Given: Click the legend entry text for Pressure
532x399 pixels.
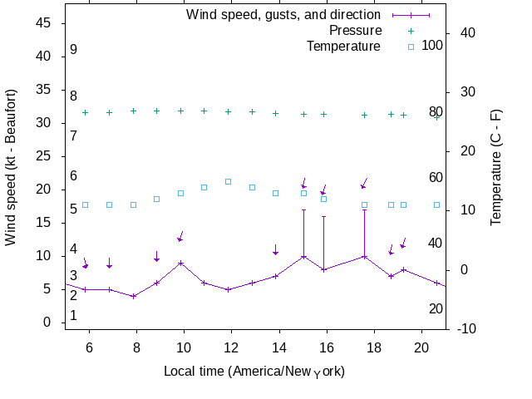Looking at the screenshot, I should pyautogui.click(x=355, y=30).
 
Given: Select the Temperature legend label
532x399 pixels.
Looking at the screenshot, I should pyautogui.click(x=343, y=46).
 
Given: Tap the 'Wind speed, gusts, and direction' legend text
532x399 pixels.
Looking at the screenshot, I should pyautogui.click(x=283, y=14).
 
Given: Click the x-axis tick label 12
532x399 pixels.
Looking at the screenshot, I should pyautogui.click(x=232, y=343).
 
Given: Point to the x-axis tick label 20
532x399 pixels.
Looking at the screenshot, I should pyautogui.click(x=421, y=343).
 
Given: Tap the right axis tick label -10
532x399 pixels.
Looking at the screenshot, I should pyautogui.click(x=467, y=329).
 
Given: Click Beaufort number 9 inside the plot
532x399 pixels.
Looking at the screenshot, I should pyautogui.click(x=74, y=50).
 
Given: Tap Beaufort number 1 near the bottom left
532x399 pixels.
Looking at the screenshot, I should pyautogui.click(x=74, y=315).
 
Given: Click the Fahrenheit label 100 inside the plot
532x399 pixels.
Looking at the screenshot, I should pyautogui.click(x=432, y=45).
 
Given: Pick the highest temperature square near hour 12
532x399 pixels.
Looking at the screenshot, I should pyautogui.click(x=228, y=181).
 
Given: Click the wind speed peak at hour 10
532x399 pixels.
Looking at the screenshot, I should pyautogui.click(x=180, y=263).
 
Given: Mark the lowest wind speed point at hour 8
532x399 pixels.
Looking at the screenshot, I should pyautogui.click(x=133, y=296).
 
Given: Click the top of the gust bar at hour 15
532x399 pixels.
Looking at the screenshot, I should pyautogui.click(x=304, y=209).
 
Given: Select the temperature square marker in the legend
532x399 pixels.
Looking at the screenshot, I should pyautogui.click(x=411, y=47).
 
